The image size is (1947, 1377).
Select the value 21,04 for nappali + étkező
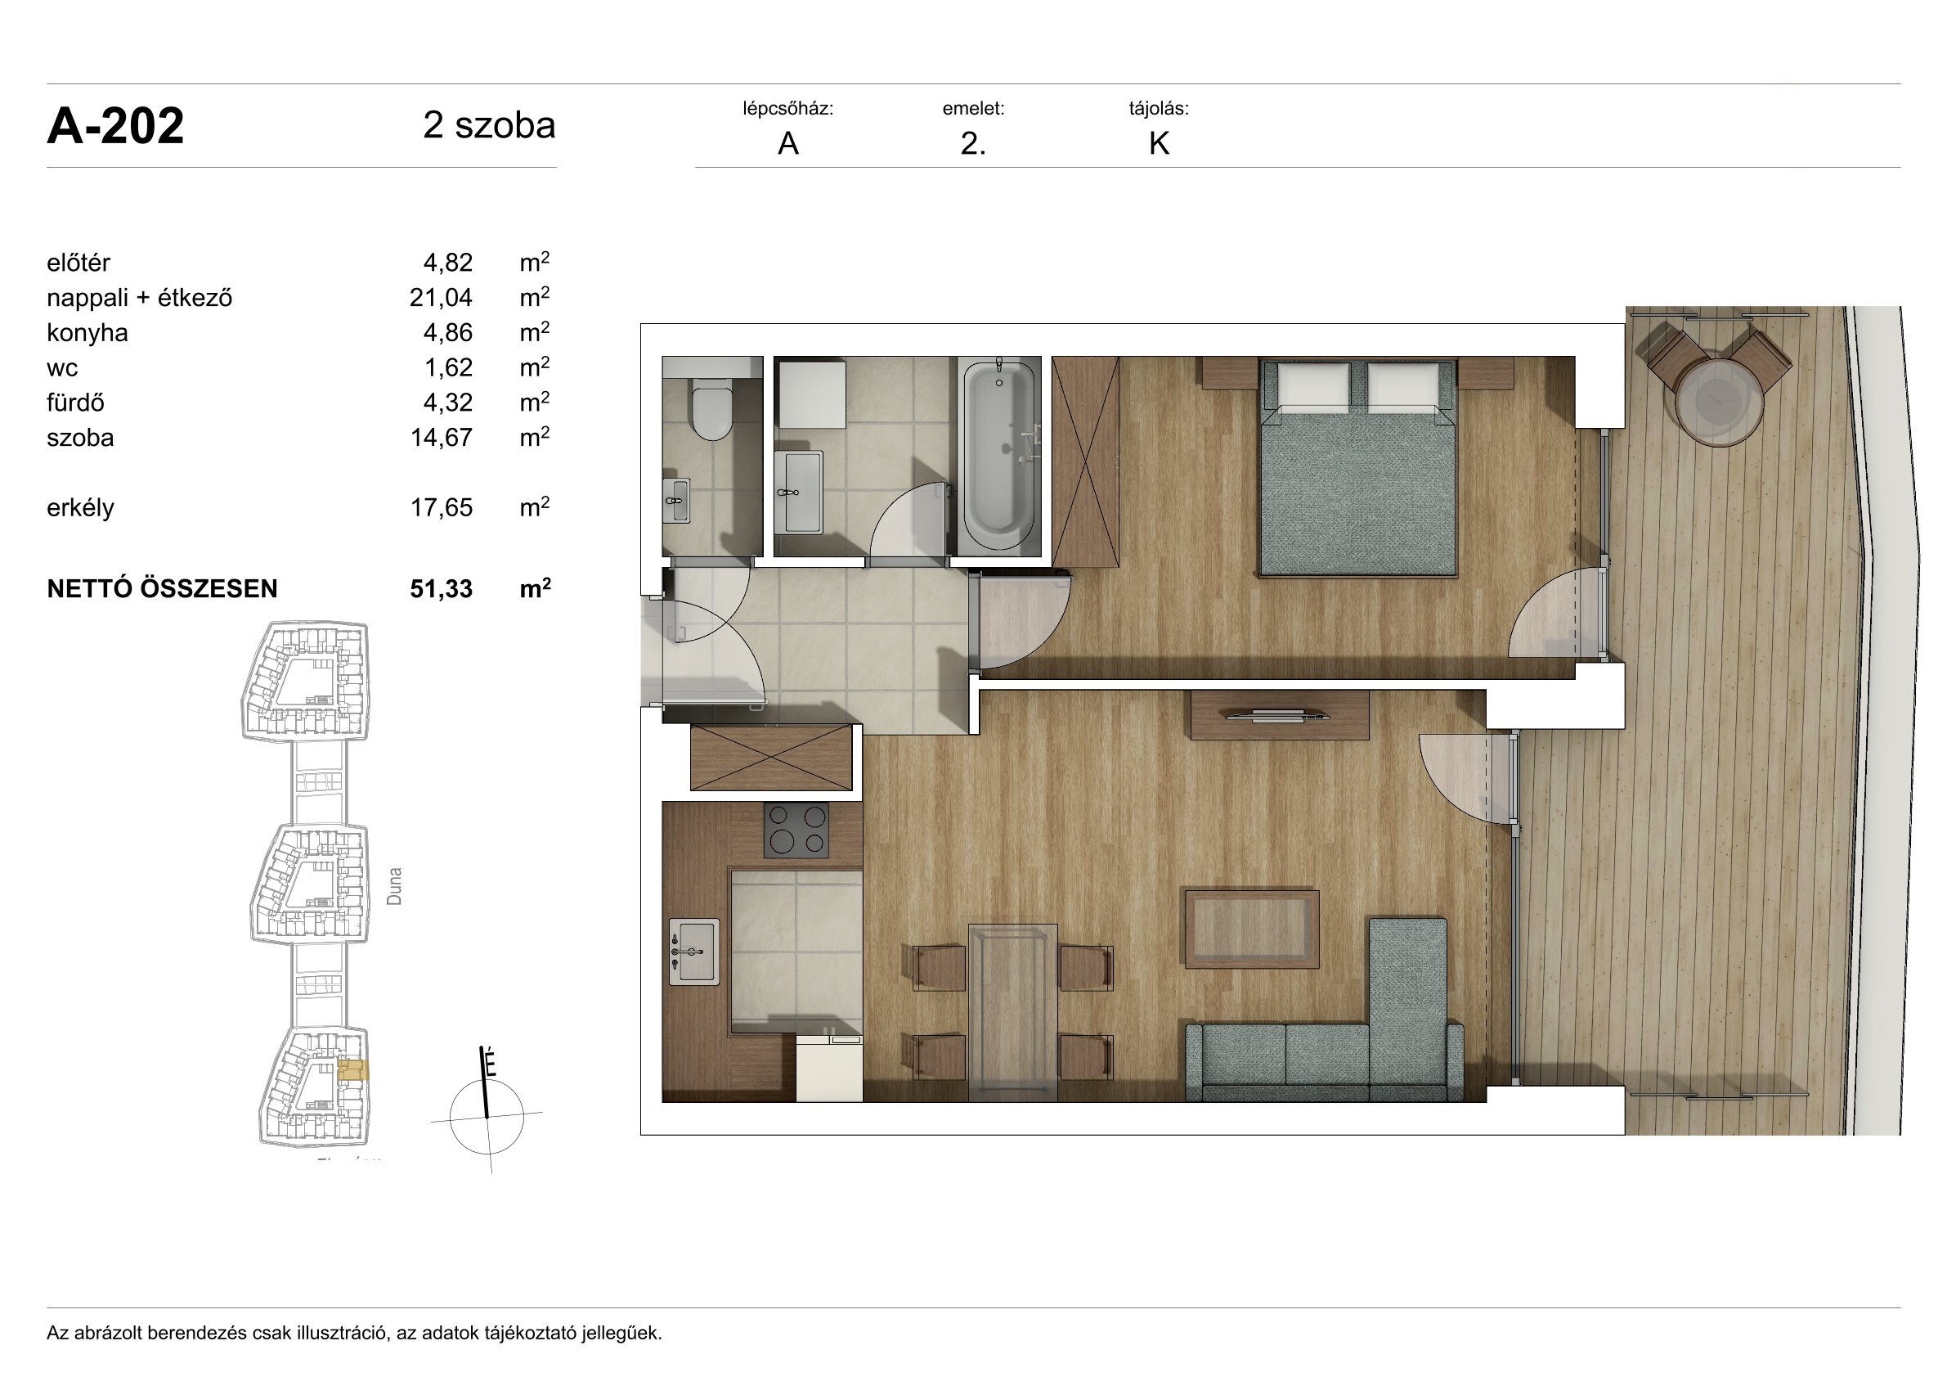[441, 298]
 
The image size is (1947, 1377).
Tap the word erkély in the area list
[81, 507]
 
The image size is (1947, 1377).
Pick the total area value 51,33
[441, 589]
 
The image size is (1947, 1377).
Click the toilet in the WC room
[711, 408]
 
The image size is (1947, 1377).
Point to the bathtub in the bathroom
[999, 456]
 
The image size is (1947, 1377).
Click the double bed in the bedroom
[1358, 467]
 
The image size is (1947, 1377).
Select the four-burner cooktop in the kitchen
[796, 830]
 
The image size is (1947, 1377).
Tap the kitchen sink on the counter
[693, 952]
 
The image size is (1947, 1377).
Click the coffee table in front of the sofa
[1252, 928]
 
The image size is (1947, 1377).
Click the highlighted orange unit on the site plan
[352, 1070]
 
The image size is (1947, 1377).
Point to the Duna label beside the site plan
[394, 886]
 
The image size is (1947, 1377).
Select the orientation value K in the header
[1160, 144]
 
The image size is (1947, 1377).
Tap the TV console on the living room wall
[1280, 715]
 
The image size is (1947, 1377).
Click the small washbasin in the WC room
[677, 502]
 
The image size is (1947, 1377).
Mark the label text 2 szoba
[489, 125]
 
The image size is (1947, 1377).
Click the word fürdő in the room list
[75, 403]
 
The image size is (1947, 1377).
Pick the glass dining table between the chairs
[1012, 1012]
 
